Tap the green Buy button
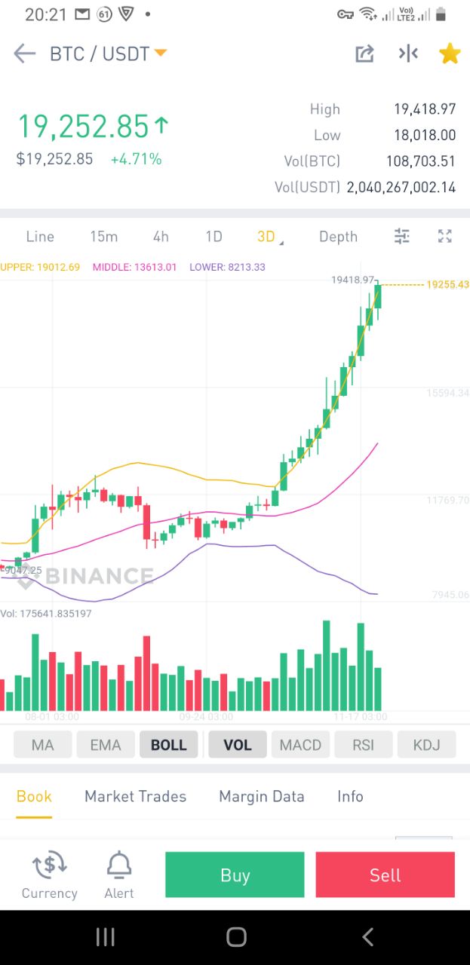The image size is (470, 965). [x=235, y=875]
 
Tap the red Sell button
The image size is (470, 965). [x=385, y=875]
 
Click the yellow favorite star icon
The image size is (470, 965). [x=450, y=54]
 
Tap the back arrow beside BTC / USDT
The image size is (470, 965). [x=25, y=54]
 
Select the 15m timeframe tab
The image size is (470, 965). [x=103, y=237]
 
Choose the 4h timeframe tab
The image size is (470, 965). [x=161, y=237]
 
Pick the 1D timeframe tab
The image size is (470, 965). [x=214, y=237]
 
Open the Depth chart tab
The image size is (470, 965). [x=338, y=237]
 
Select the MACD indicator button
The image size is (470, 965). [x=300, y=745]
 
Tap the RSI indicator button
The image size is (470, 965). [x=363, y=745]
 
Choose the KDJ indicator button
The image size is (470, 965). [x=426, y=745]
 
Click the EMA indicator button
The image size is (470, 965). [x=106, y=745]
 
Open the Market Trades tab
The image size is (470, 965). [x=135, y=796]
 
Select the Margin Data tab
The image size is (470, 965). [x=262, y=796]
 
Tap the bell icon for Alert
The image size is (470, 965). [x=119, y=865]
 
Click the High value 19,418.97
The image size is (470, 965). [x=425, y=109]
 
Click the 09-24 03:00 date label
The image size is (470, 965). [x=206, y=717]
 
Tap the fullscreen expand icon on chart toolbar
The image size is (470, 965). [x=445, y=237]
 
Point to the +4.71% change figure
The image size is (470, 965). [x=136, y=159]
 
